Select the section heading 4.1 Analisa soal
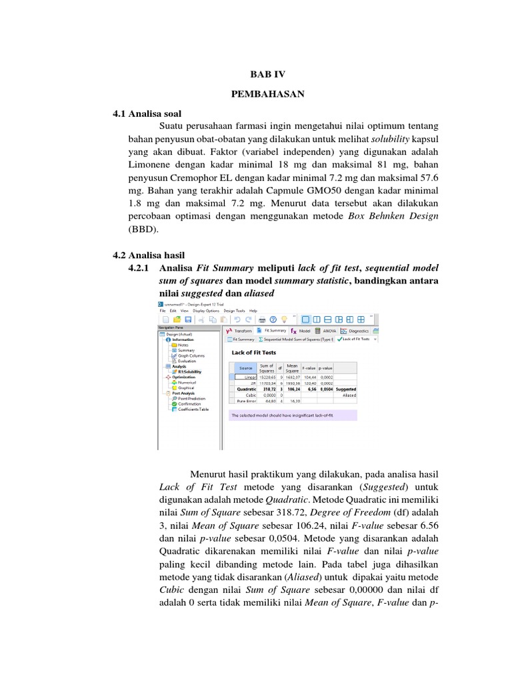(x=147, y=114)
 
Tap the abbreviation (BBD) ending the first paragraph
(x=142, y=227)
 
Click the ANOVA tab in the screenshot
(x=328, y=330)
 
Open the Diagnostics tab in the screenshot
(x=358, y=330)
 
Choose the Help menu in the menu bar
(x=253, y=310)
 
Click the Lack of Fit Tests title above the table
(x=253, y=352)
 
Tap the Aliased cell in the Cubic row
(x=349, y=394)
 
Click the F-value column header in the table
(x=309, y=368)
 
